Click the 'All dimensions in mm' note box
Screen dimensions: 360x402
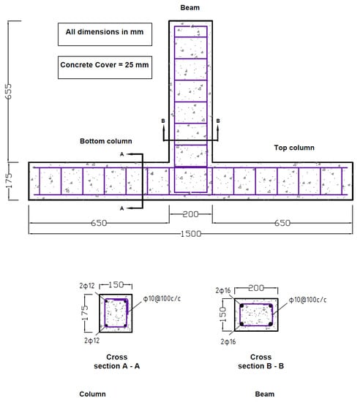click(x=105, y=34)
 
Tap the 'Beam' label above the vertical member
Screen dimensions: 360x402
click(x=190, y=8)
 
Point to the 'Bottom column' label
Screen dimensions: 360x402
click(x=106, y=141)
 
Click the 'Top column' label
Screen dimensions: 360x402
click(x=294, y=148)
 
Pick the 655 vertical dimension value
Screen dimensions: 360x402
click(x=9, y=91)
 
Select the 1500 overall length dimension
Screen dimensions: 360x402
click(x=191, y=234)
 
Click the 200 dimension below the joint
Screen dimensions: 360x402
click(x=190, y=214)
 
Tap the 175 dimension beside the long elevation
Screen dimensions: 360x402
click(x=9, y=181)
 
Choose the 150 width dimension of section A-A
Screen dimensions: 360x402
click(x=116, y=285)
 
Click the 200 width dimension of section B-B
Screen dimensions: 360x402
click(x=256, y=288)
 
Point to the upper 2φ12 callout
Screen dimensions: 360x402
click(x=87, y=286)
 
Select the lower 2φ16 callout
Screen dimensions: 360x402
click(x=228, y=342)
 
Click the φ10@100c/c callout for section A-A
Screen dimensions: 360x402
click(x=162, y=299)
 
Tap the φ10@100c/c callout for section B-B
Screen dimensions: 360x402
click(x=307, y=300)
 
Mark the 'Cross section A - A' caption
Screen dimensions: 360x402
click(x=117, y=362)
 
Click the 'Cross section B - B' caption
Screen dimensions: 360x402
click(x=260, y=362)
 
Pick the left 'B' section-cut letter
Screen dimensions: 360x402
click(x=163, y=121)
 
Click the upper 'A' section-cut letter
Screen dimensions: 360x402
click(x=122, y=154)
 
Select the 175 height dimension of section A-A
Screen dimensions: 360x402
click(x=85, y=313)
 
